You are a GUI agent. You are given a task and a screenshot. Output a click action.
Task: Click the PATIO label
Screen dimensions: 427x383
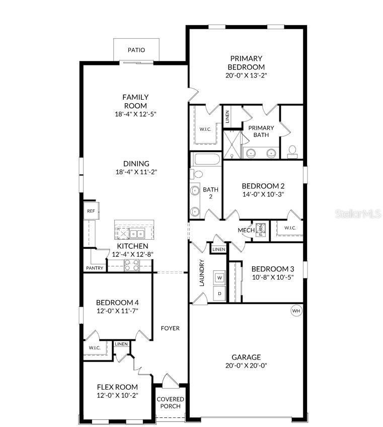[136, 50]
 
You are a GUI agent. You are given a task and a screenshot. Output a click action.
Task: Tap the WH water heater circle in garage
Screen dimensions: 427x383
[296, 311]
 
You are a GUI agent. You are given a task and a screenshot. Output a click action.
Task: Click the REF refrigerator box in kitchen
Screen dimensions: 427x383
[91, 211]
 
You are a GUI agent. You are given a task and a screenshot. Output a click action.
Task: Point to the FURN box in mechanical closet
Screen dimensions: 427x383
[261, 230]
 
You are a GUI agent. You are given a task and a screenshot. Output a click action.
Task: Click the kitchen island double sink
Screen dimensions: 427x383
[137, 234]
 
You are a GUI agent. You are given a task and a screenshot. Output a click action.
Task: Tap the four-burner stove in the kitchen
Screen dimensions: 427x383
[131, 265]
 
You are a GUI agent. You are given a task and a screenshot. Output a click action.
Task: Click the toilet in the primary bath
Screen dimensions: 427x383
[291, 150]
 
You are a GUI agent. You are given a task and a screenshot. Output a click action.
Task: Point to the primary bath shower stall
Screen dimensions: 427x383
[232, 145]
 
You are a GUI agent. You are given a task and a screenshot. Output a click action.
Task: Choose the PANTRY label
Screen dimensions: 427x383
[95, 268]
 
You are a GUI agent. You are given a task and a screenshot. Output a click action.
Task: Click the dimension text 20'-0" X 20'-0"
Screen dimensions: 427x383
[246, 366]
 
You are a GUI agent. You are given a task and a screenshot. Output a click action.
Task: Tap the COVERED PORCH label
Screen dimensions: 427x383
[171, 403]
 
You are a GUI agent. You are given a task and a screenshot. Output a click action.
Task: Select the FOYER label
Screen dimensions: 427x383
[170, 328]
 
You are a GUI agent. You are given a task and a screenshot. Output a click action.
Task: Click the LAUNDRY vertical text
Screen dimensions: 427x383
[202, 273]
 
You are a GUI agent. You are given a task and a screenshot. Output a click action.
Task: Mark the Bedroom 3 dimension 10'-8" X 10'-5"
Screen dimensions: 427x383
[272, 277]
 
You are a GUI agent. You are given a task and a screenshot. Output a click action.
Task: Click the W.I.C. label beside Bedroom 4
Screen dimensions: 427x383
[95, 347]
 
